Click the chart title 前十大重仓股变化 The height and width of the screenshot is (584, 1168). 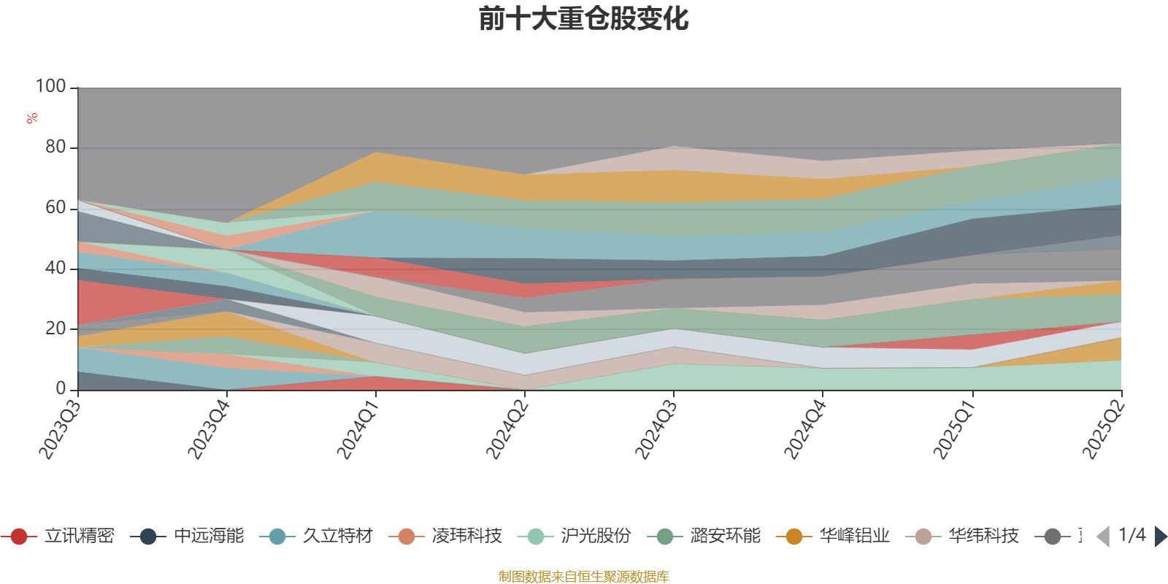tap(583, 19)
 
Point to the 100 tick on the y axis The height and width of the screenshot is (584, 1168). tap(51, 86)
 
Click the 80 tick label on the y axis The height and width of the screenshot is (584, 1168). tap(55, 147)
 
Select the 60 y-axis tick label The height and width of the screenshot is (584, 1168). tap(55, 207)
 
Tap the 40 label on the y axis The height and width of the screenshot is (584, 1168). tap(55, 268)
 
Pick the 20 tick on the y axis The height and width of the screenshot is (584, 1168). tap(55, 328)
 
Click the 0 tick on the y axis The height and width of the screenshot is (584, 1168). tap(61, 388)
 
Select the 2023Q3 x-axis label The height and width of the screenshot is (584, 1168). tap(60, 430)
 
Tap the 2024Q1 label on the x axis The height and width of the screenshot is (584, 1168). tap(358, 430)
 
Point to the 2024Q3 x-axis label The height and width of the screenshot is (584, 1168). tap(656, 430)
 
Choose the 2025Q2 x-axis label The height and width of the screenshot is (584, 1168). tap(1102, 430)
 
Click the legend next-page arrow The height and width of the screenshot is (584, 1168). tap(1160, 537)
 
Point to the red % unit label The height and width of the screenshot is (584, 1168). tap(31, 118)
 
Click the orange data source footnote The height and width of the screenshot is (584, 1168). tap(583, 577)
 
